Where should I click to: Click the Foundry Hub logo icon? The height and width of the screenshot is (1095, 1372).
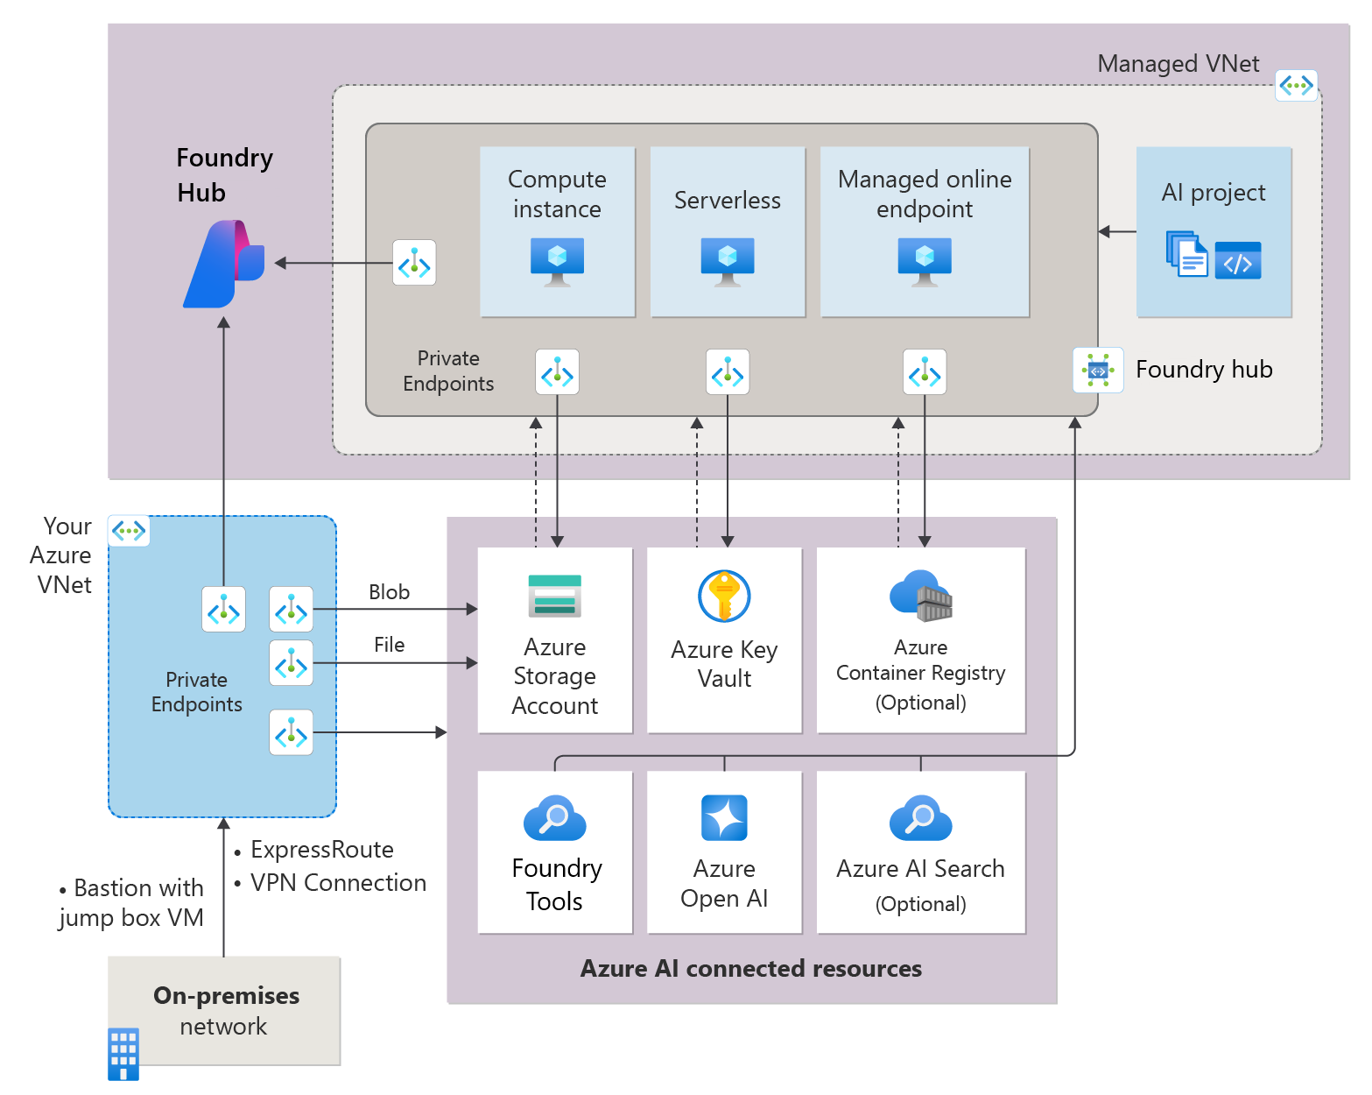coord(224,264)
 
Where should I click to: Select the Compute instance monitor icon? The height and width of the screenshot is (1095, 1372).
coord(557,262)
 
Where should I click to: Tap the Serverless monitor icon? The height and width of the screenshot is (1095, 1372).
coord(727,262)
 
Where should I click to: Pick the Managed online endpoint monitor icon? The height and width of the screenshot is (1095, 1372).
coord(924,262)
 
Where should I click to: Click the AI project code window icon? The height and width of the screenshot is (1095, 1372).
coord(1237,260)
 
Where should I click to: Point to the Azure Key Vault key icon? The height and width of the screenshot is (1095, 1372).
coord(723,596)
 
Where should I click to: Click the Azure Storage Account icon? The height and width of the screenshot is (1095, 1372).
coord(554,596)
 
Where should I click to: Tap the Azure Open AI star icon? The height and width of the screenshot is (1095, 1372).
coord(723,817)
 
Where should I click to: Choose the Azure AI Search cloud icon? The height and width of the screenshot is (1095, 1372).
coord(920,817)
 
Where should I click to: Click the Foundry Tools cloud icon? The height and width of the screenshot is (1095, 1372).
coord(554,817)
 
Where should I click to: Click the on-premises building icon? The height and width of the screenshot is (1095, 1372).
coord(123,1054)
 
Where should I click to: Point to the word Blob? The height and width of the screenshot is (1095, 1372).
coord(389,591)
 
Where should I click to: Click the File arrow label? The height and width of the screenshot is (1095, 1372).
coord(389,645)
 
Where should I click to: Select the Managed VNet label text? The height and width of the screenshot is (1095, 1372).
coord(1178,63)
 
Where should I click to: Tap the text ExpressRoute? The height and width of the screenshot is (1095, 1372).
coord(322,850)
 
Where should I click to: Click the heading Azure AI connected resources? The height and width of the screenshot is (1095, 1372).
coord(750,968)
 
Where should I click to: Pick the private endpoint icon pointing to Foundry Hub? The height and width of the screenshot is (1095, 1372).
coord(414,262)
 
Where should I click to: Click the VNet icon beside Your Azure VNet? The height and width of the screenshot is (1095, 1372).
coord(129,530)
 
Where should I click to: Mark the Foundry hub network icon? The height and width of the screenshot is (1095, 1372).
coord(1097,370)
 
